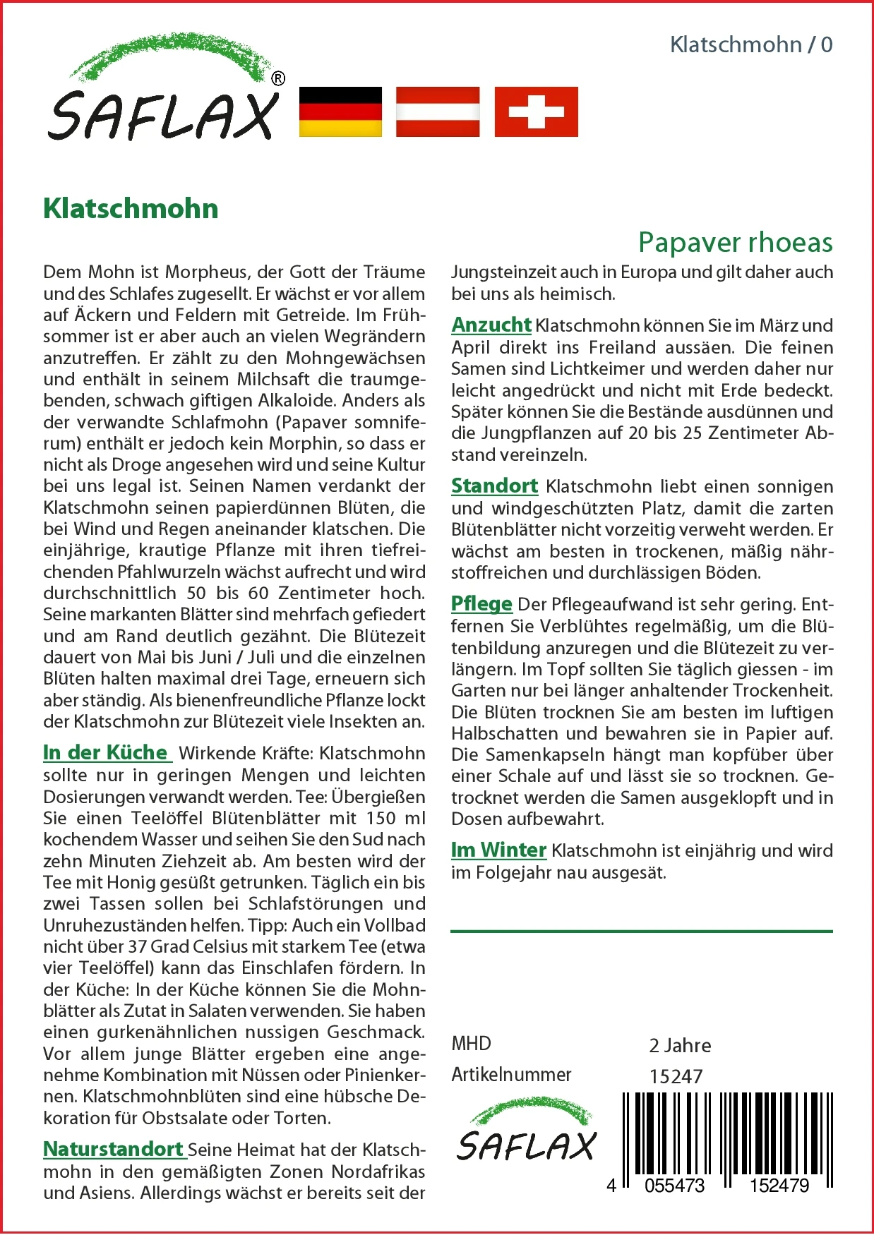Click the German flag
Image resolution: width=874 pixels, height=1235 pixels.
[340, 112]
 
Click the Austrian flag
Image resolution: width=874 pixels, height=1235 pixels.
[438, 112]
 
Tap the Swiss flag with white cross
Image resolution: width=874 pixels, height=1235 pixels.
[536, 112]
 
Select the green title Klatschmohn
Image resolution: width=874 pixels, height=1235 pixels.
[131, 209]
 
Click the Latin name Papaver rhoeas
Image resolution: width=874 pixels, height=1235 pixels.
[735, 242]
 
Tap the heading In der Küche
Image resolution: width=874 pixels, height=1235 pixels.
[107, 752]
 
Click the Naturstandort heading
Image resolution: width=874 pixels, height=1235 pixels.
[114, 1149]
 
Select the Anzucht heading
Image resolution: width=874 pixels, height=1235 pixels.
[491, 325]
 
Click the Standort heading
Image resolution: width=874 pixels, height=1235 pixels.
[494, 486]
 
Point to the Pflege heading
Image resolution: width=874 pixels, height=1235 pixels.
[481, 604]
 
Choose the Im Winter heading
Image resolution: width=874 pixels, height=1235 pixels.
[498, 850]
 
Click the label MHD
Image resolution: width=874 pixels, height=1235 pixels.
[471, 1044]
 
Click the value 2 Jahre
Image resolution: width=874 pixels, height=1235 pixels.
[680, 1045]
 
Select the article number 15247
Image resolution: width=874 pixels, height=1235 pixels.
[676, 1076]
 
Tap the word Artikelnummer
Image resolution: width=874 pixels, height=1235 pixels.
[511, 1075]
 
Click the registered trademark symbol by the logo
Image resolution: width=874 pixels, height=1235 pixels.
[278, 79]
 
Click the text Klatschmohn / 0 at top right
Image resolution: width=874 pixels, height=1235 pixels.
[751, 45]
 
